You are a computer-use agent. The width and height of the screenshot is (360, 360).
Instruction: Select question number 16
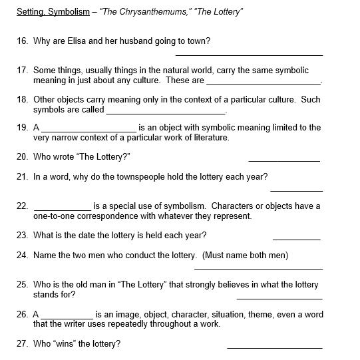22,41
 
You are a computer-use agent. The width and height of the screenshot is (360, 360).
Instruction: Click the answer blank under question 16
249,55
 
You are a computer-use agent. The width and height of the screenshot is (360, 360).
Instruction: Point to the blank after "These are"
264,83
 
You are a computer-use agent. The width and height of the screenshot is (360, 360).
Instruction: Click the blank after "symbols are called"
166,112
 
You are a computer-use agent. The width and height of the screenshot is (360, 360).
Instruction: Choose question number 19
22,127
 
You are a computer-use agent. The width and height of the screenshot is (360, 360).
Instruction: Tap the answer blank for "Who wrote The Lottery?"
284,160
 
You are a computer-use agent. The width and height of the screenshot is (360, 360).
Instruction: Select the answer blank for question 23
296,238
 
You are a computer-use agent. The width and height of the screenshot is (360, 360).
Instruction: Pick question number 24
22,256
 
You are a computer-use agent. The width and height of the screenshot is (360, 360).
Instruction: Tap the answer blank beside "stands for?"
279,298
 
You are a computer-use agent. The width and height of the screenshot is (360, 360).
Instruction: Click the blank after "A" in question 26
67,317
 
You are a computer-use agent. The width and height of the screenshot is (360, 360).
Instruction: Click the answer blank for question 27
274,347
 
